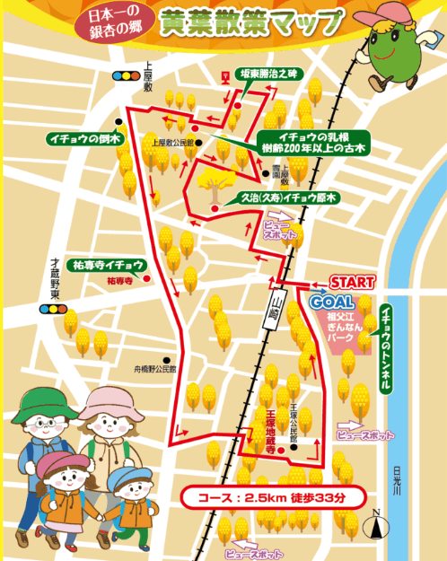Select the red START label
point(352,281)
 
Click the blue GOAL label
point(332,302)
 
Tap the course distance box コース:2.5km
point(270,496)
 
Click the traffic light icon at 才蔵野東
point(53,310)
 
